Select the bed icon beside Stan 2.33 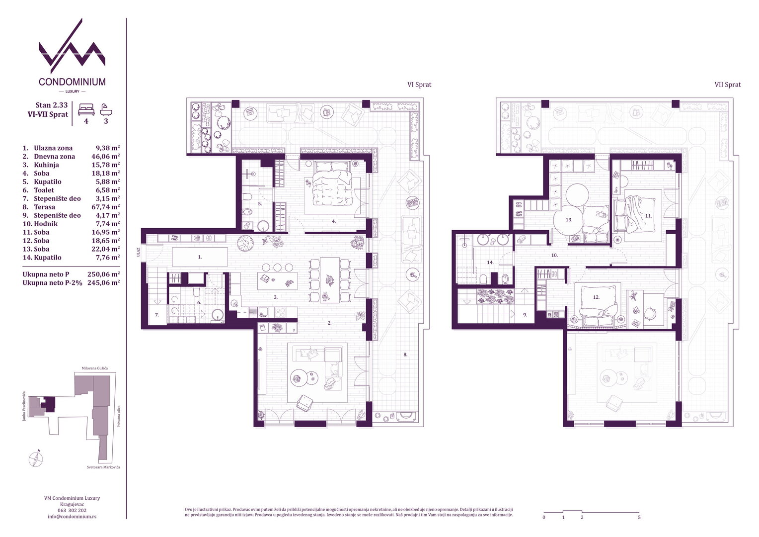(86, 109)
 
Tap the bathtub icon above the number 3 (106, 109)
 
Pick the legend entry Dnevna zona (54, 157)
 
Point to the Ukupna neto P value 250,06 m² (104, 274)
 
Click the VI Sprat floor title (419, 85)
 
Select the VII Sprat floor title (728, 85)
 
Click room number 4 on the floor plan (334, 221)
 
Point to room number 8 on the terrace (405, 355)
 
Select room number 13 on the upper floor (569, 219)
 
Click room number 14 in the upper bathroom (490, 262)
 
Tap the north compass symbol (36, 459)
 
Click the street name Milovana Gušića (94, 368)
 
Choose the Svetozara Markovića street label (103, 467)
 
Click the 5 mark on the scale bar (639, 517)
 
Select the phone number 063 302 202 (72, 510)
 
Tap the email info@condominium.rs (72, 516)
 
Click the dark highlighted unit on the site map (49, 404)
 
